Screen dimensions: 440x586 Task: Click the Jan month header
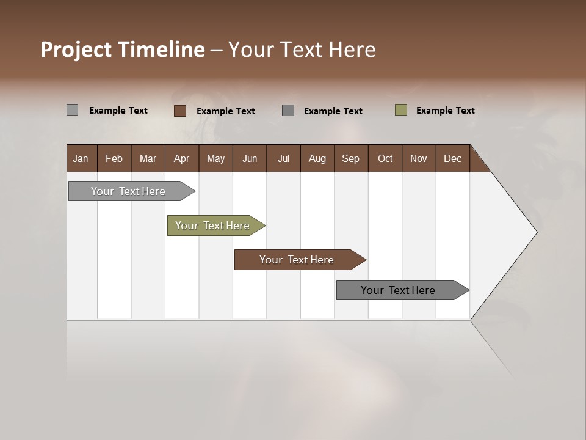tap(81, 158)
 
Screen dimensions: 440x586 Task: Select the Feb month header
tap(114, 158)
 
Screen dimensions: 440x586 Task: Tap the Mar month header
tap(148, 158)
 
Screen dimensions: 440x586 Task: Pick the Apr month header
tap(182, 158)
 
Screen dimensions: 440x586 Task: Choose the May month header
tap(215, 158)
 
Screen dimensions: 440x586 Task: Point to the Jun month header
tap(250, 158)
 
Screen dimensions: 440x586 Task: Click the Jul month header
tap(283, 158)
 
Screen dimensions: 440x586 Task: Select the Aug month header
tap(317, 158)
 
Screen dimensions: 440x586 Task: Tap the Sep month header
tap(351, 158)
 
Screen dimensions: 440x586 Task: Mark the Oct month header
tap(385, 158)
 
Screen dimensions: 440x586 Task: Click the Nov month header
tap(419, 158)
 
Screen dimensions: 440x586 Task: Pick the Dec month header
tap(453, 158)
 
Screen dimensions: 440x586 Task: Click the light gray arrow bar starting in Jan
tap(129, 191)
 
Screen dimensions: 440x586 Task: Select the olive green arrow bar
tap(213, 226)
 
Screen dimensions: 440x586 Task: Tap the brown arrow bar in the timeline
tap(297, 260)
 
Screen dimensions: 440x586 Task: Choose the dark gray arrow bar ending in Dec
tap(399, 290)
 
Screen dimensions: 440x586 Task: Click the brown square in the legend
tap(180, 111)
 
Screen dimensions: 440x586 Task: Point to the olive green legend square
tap(401, 110)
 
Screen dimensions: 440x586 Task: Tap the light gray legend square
tap(73, 110)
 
